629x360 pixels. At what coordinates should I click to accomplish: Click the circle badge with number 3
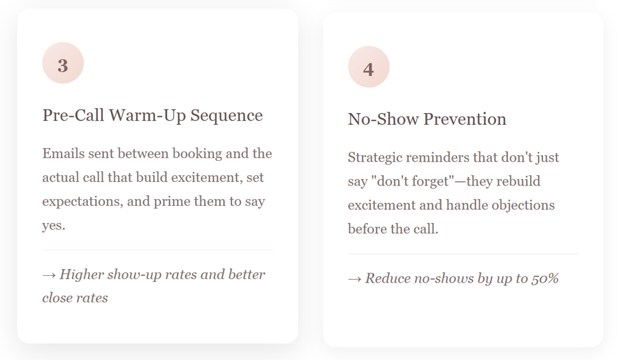[63, 63]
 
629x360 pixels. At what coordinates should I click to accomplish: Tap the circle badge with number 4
[369, 67]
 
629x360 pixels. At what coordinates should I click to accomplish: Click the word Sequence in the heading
[226, 115]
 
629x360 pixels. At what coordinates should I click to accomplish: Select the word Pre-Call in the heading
[73, 115]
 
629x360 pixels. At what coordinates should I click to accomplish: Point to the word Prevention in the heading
[464, 119]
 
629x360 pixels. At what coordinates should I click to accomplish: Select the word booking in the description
[197, 154]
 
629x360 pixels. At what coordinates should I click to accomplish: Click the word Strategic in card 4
[375, 157]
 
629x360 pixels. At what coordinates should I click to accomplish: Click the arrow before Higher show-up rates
[49, 275]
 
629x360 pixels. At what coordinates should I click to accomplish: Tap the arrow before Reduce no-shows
[354, 279]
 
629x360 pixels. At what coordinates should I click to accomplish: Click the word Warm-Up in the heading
[147, 115]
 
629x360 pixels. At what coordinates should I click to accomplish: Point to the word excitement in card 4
[381, 205]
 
